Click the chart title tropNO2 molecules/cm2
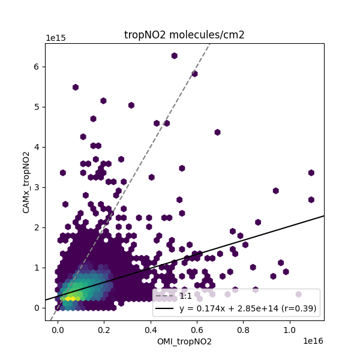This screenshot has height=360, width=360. point(184,35)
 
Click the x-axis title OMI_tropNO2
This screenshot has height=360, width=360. point(184,342)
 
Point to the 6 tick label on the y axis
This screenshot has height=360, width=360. point(37,67)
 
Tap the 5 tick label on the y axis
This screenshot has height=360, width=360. point(37,107)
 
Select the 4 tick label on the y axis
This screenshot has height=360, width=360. point(37,147)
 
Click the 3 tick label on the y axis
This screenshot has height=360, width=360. point(37,187)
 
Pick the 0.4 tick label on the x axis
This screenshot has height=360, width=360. point(151,330)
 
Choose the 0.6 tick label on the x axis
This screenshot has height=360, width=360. point(197,330)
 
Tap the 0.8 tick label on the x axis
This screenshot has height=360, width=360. point(243,330)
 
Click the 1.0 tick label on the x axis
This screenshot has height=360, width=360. point(289,330)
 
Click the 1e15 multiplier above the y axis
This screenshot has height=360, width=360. point(56,38)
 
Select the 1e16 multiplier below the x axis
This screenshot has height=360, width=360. point(313,341)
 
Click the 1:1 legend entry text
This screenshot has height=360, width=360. point(186,296)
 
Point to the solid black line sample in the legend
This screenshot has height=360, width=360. point(165,309)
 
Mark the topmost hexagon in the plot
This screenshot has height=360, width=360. point(174,56)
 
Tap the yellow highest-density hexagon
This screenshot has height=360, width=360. point(70,297)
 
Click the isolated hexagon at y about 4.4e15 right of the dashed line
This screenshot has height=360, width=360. point(217,132)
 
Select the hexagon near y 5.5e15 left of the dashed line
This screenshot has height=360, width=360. point(76,87)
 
